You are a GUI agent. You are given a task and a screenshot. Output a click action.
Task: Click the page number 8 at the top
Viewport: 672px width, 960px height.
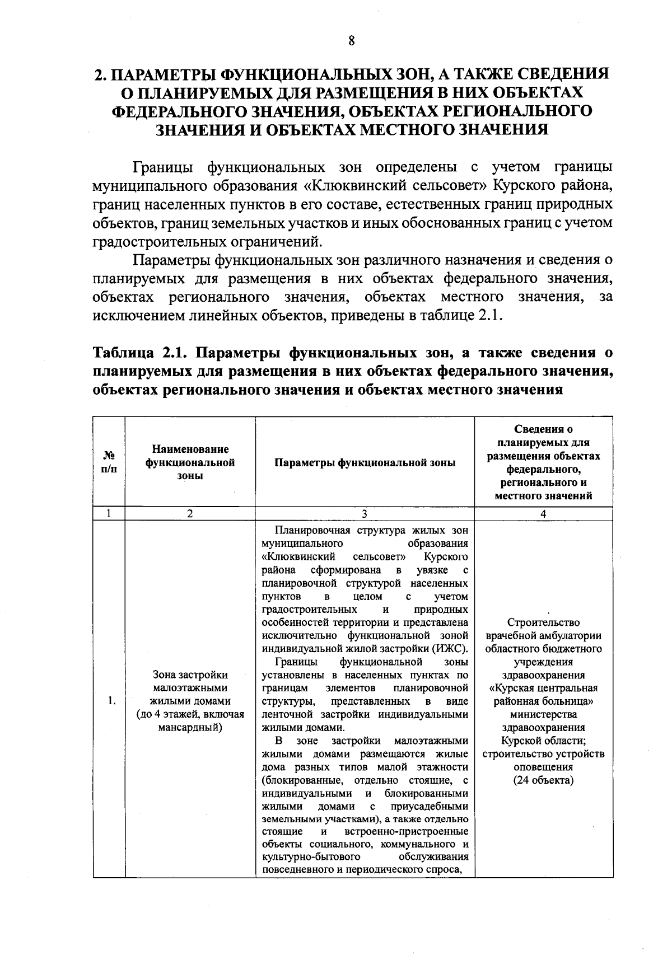(351, 40)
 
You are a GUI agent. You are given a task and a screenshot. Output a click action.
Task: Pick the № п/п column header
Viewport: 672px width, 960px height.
(109, 463)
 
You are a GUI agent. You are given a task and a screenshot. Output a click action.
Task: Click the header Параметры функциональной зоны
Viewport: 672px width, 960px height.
(365, 463)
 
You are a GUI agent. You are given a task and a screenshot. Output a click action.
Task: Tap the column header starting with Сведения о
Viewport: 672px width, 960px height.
(543, 430)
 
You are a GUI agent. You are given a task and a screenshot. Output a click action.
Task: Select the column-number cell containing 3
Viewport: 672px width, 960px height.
(365, 513)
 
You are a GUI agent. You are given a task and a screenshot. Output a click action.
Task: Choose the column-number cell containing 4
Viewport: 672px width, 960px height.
(543, 513)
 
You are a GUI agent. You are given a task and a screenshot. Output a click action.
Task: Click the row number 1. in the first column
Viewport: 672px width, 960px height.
(113, 701)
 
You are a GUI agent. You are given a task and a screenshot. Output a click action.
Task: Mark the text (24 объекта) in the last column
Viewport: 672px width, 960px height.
(543, 780)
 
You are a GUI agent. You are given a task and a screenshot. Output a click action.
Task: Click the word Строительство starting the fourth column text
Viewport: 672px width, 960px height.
(543, 622)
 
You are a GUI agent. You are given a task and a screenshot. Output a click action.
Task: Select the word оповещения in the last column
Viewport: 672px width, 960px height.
(543, 767)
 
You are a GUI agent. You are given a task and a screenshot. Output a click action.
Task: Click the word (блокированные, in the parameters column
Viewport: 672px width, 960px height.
(299, 780)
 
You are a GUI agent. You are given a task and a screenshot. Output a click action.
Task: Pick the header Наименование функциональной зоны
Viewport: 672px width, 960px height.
(190, 463)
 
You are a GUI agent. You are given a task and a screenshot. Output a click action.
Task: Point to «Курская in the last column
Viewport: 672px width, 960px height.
(515, 688)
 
